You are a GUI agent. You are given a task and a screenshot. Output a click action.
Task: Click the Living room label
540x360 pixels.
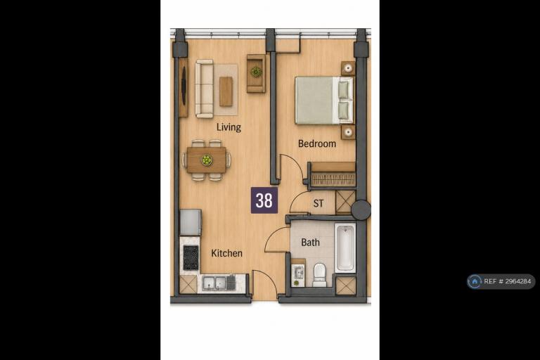tap(229, 127)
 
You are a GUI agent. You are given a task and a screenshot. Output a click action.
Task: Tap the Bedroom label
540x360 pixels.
tap(317, 143)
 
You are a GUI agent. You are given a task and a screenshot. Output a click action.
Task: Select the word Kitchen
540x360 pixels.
tap(226, 253)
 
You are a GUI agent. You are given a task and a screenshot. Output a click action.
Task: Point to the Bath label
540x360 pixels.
tap(310, 243)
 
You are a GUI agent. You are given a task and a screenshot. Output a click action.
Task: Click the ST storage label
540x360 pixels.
tap(319, 204)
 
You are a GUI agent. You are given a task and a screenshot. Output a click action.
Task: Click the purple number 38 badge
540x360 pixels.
tap(264, 200)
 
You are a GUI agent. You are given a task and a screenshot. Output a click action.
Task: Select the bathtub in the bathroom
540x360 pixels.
tap(345, 247)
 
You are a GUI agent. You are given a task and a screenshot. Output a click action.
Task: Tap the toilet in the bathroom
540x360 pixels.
tap(320, 275)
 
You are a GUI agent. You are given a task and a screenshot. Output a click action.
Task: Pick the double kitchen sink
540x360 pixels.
tap(215, 283)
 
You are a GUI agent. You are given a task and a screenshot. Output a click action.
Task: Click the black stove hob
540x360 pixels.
tap(191, 257)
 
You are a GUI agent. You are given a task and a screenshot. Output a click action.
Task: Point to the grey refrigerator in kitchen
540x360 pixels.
tap(191, 222)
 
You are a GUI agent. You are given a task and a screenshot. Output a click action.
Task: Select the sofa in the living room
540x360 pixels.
tap(204, 89)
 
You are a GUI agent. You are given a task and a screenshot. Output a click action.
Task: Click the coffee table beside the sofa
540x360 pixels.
tap(226, 91)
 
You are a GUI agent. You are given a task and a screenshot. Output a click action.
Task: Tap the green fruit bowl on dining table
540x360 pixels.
tap(206, 160)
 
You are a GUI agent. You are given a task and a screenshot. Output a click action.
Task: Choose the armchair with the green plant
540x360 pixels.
tap(256, 73)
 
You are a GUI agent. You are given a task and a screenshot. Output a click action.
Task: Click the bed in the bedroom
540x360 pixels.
tap(324, 101)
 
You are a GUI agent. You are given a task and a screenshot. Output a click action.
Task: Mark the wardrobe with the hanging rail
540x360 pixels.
tap(333, 175)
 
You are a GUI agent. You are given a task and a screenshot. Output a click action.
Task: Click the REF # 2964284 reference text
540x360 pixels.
tap(507, 281)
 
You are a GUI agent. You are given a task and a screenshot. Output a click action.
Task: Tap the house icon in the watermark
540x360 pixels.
tap(475, 281)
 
